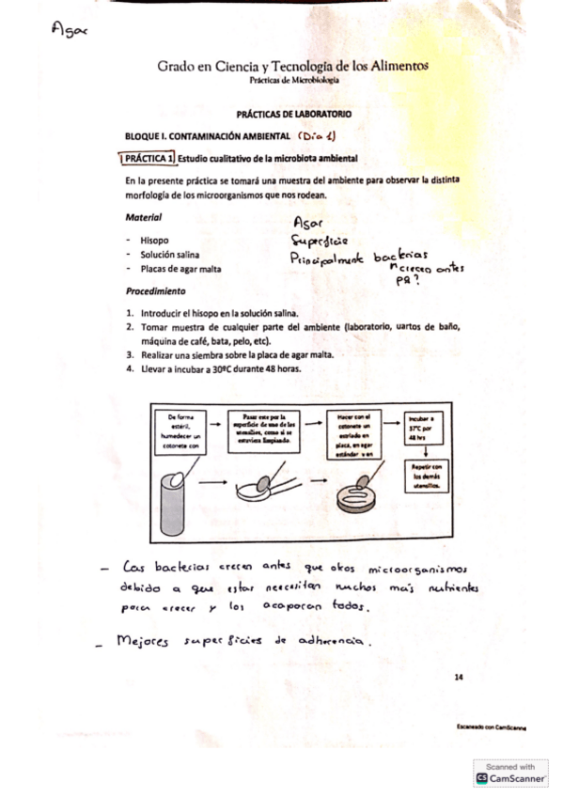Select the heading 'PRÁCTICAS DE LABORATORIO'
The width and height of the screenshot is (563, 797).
(x=294, y=113)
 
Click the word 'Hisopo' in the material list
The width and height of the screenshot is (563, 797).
(x=154, y=240)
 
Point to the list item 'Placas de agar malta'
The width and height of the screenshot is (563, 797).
(x=183, y=269)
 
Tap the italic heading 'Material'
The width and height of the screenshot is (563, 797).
(x=143, y=217)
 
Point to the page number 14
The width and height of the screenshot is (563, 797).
(x=458, y=676)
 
